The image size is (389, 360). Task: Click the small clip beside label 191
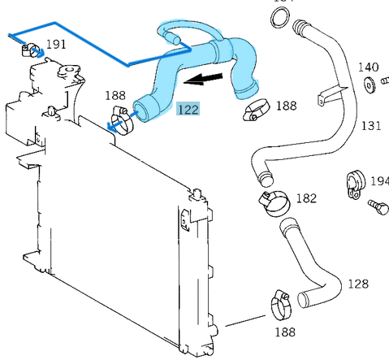click(32, 51)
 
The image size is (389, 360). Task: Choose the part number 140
click(368, 67)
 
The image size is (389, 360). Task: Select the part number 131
click(370, 125)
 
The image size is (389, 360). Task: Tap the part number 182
click(305, 197)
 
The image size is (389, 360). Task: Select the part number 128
click(357, 284)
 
